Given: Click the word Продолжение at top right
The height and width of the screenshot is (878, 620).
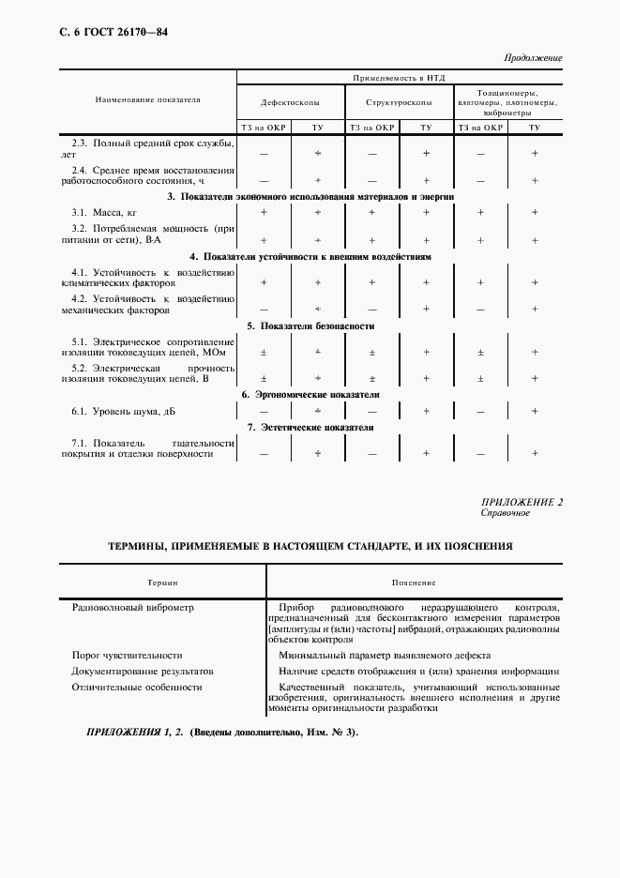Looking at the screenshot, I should (x=533, y=58).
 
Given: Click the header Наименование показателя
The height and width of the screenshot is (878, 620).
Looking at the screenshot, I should (x=147, y=98).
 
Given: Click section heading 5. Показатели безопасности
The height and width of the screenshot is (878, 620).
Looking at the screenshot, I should (x=310, y=325).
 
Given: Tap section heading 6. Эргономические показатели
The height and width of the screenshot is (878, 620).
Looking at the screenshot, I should (x=310, y=394).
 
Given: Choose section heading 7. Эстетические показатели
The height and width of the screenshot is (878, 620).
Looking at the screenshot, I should (x=310, y=428).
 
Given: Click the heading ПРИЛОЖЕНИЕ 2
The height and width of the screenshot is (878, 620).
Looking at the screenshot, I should (x=521, y=502).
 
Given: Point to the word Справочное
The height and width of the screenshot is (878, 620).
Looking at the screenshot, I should (x=506, y=513).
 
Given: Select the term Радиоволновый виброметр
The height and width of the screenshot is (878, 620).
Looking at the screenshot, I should (x=132, y=607).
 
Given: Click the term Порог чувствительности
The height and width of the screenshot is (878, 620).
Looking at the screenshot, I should (x=127, y=655).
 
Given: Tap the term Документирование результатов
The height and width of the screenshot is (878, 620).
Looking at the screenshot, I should (x=143, y=672).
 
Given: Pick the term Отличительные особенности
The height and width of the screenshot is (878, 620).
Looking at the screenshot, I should (x=137, y=688).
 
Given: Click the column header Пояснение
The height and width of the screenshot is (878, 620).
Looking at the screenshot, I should (x=414, y=582).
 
